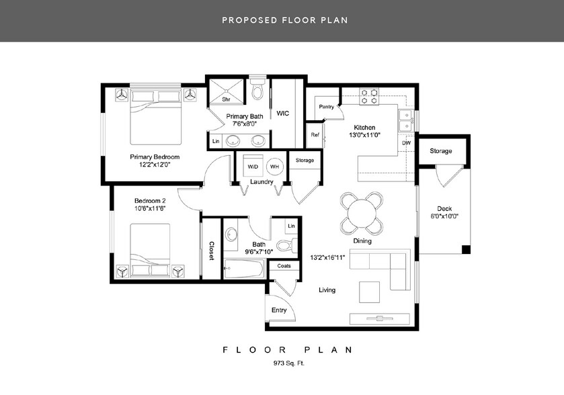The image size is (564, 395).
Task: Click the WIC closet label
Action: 283,114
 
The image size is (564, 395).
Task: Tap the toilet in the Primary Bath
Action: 257,89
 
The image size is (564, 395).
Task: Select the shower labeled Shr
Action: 227,91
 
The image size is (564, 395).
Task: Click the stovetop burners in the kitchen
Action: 370,96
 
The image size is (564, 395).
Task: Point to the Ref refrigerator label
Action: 315,135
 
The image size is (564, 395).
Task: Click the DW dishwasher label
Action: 407,143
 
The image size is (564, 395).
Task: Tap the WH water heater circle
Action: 275,167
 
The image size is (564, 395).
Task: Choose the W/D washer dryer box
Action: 253,166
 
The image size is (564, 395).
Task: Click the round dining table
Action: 362,213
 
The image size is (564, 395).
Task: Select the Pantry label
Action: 326,107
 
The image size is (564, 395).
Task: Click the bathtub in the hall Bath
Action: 244,269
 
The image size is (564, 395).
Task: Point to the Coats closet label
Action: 284,266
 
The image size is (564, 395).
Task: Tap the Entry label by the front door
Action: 279,310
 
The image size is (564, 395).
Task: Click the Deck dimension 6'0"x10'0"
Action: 444,216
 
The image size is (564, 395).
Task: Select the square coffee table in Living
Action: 370,292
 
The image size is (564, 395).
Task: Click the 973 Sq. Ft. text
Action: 289,363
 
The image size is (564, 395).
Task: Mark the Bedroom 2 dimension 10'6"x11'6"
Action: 150,208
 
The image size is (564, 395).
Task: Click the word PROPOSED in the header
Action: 249,20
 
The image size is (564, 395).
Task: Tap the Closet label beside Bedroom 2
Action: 212,251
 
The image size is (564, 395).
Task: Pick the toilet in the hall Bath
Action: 287,245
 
